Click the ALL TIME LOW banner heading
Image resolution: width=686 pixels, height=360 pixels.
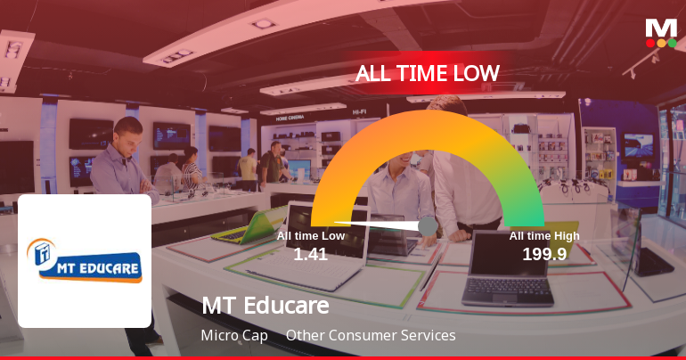428,73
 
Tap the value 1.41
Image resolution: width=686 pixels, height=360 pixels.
311,254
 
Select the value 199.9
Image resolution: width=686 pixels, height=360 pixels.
544,254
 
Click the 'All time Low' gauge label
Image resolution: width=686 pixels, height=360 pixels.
311,236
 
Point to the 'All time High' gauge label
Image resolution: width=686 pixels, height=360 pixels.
544,236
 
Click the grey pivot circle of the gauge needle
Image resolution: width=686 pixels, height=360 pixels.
428,226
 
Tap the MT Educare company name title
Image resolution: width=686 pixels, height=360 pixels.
265,306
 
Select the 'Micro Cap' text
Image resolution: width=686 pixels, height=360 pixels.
234,336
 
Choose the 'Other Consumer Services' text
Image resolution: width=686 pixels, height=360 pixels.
371,336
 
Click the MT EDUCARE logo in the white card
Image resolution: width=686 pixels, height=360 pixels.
85,260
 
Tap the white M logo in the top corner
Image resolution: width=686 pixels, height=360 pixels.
661,28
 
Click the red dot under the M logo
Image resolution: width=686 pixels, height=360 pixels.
650,43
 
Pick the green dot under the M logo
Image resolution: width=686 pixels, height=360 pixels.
673,43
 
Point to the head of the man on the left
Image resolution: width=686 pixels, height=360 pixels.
127,132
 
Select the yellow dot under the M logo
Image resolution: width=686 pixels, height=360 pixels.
661,43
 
